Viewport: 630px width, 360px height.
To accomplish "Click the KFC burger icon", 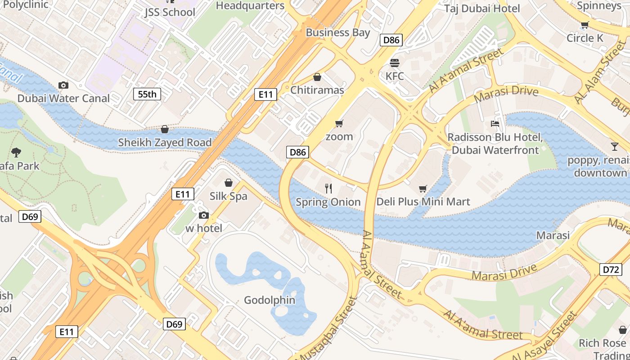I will click(x=395, y=63).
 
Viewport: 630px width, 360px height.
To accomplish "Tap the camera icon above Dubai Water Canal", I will click(x=63, y=85).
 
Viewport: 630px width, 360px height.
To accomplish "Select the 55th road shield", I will click(x=147, y=94).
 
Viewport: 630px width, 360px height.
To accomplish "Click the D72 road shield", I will click(x=611, y=270).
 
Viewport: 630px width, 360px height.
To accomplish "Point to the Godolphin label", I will click(x=270, y=300).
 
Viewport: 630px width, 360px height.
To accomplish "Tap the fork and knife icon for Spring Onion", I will click(x=328, y=188).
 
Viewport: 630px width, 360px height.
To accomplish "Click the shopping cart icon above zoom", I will click(x=339, y=123).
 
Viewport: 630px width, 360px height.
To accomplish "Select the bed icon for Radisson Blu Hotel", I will click(x=495, y=124).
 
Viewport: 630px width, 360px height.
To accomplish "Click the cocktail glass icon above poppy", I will click(x=614, y=146).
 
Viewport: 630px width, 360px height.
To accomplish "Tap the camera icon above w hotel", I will click(x=204, y=215).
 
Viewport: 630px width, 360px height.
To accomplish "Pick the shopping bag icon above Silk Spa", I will click(x=229, y=183).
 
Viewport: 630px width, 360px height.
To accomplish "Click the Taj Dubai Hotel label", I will click(x=482, y=8).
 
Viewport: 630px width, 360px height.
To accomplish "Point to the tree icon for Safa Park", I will click(x=16, y=152).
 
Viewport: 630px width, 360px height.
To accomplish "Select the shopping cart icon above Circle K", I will click(x=585, y=25).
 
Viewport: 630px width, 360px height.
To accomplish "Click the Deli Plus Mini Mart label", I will click(x=423, y=202).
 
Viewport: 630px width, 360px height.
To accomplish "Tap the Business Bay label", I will click(x=338, y=32).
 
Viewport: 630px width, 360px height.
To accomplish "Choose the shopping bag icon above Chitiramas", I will click(x=317, y=77).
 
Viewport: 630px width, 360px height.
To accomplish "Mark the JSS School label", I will click(x=170, y=12).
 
